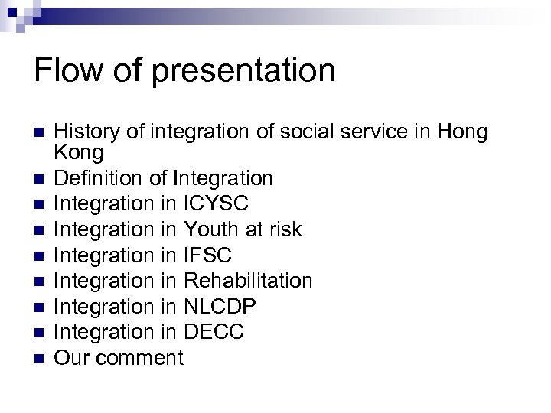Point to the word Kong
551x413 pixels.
click(x=79, y=153)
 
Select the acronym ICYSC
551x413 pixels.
click(x=217, y=203)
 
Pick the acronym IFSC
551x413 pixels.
click(x=208, y=255)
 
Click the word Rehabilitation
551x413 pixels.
click(x=249, y=281)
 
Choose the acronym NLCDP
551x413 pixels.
click(x=220, y=306)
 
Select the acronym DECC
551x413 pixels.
click(x=214, y=332)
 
